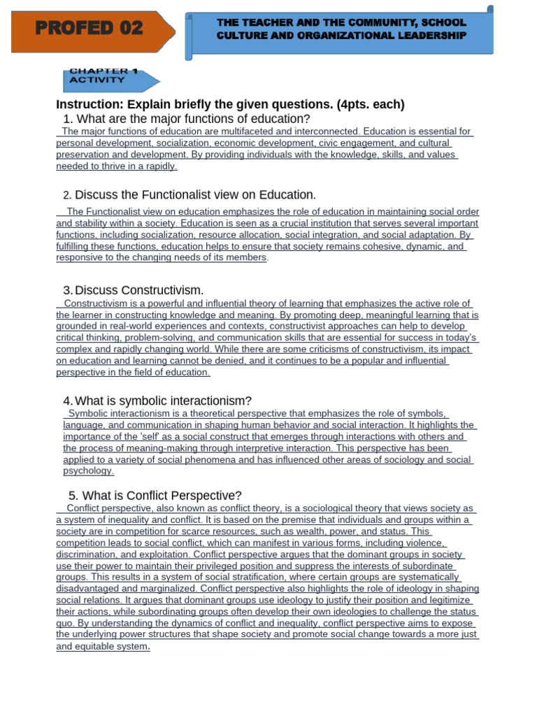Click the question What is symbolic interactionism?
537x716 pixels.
(x=163, y=401)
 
